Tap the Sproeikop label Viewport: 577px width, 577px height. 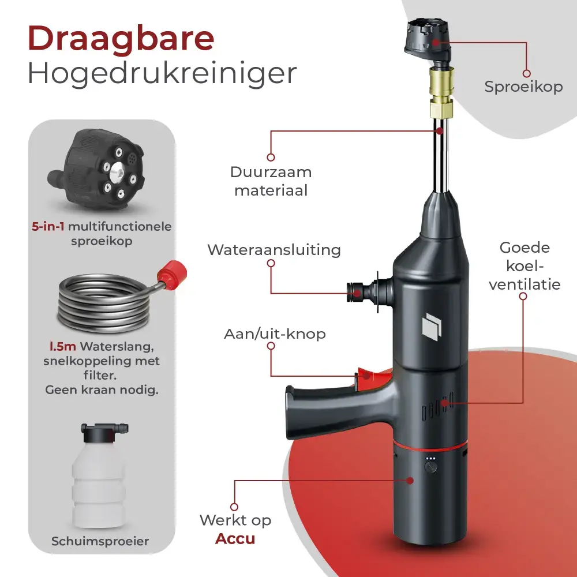point(523,87)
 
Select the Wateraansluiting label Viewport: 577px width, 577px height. point(274,250)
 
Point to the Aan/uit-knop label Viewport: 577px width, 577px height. point(275,334)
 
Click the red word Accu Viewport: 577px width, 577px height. point(235,539)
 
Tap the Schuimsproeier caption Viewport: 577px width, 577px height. point(100,541)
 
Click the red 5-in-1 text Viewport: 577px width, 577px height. point(48,226)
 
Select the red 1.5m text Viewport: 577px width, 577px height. point(63,347)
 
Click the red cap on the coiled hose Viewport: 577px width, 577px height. point(172,271)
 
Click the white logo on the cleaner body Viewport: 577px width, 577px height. point(432,325)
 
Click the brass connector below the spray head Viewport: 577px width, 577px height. point(441,92)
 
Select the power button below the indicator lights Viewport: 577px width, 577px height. point(431,467)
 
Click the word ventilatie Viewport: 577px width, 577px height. point(524,284)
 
